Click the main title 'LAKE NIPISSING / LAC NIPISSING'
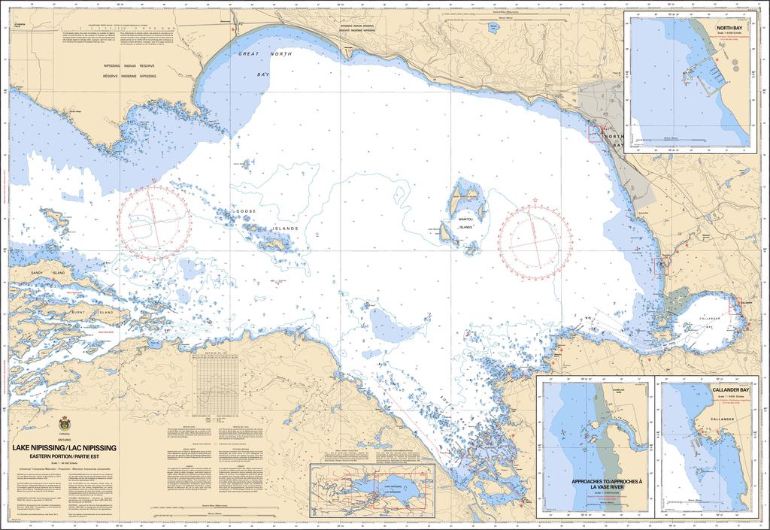(x=64, y=447)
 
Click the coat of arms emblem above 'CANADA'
(x=64, y=423)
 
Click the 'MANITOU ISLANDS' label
(x=465, y=222)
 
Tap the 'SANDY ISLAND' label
(x=48, y=272)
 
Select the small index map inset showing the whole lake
(x=372, y=489)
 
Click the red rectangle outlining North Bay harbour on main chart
(x=594, y=132)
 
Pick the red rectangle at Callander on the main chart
(x=735, y=304)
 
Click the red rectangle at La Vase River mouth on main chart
(x=659, y=265)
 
